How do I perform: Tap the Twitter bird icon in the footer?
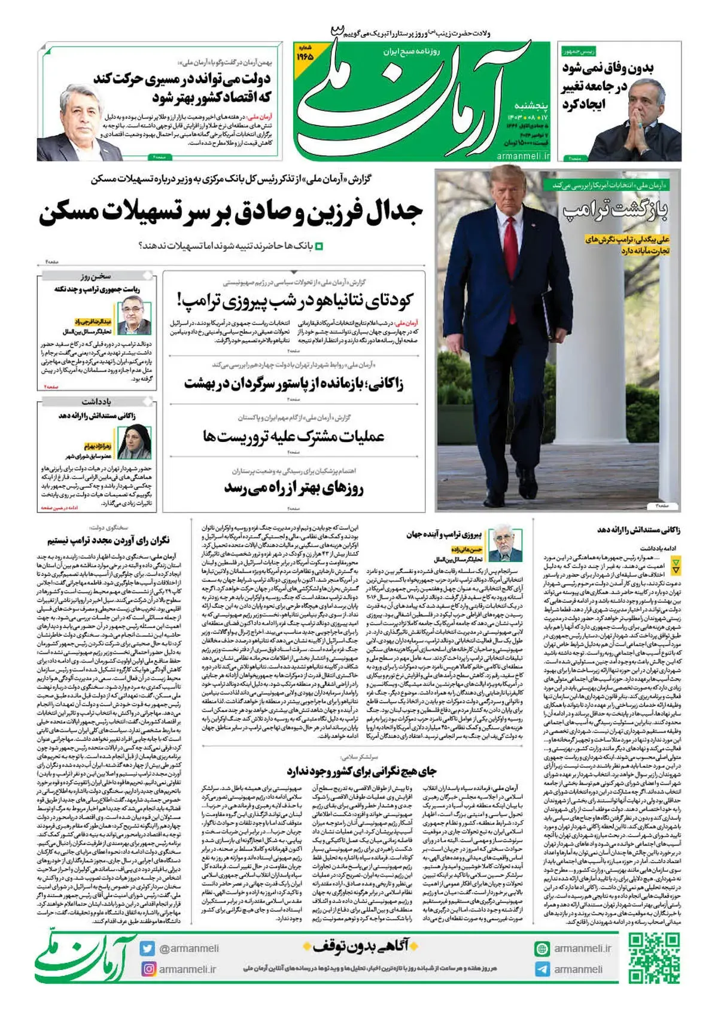147,948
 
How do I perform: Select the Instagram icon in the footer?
147,969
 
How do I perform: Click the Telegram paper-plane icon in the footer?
542,969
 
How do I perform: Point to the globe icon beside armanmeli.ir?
542,948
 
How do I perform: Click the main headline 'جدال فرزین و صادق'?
232,212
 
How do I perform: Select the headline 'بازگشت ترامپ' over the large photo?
616,210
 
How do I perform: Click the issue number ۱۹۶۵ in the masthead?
305,56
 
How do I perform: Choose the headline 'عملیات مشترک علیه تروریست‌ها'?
293,435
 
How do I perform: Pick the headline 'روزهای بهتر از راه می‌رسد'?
293,489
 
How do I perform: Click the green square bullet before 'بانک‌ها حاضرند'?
318,246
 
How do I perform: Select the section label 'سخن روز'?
96,276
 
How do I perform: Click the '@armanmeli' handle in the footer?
188,948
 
